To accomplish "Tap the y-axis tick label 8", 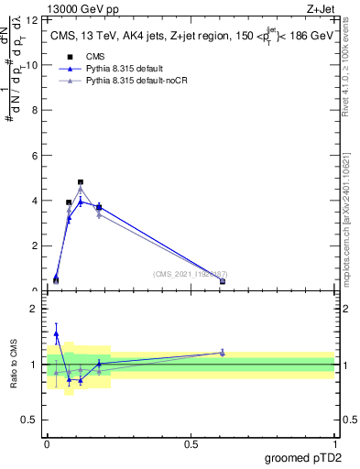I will click(35, 111).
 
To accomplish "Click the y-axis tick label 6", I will click(35, 156).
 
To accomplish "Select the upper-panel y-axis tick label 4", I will click(35, 201).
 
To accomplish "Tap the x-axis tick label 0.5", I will click(191, 444).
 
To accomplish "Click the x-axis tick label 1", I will click(334, 444).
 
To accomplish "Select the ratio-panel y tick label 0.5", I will click(32, 420).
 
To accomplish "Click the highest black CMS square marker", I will click(81, 182).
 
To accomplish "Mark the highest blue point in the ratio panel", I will click(56, 334).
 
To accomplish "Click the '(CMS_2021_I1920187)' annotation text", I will click(191, 274).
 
